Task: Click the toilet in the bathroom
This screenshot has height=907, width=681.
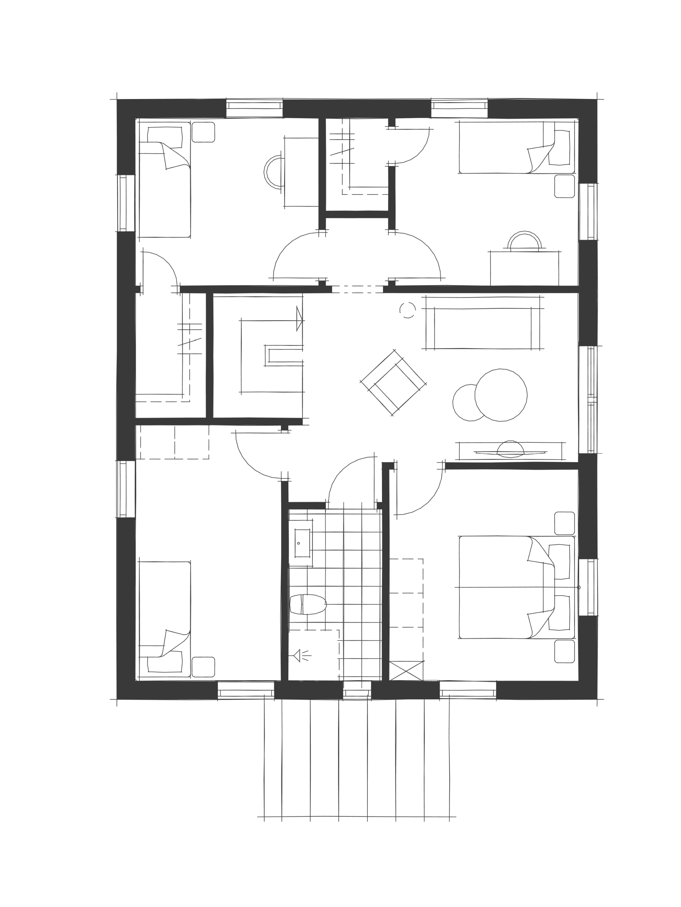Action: pyautogui.click(x=308, y=604)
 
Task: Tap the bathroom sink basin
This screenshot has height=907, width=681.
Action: pyautogui.click(x=303, y=543)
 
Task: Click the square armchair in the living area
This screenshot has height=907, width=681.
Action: pyautogui.click(x=393, y=382)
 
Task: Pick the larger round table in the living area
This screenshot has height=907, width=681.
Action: pyautogui.click(x=501, y=395)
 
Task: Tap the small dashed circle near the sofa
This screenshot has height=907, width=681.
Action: pyautogui.click(x=407, y=310)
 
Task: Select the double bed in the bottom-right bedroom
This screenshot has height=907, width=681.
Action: pyautogui.click(x=515, y=587)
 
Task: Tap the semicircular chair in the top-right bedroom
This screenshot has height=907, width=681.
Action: pyautogui.click(x=525, y=241)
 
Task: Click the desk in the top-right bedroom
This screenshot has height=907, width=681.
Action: pyautogui.click(x=525, y=269)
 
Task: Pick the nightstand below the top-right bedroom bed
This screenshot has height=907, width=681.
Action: pyautogui.click(x=564, y=186)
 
